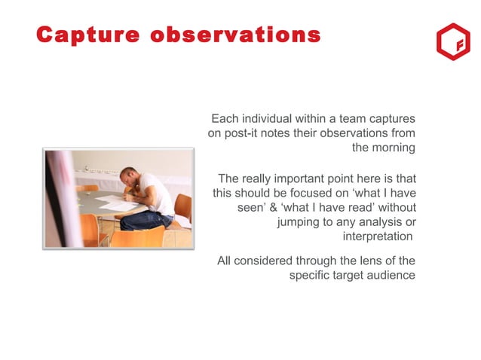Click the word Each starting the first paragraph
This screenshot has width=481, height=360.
(225, 118)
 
